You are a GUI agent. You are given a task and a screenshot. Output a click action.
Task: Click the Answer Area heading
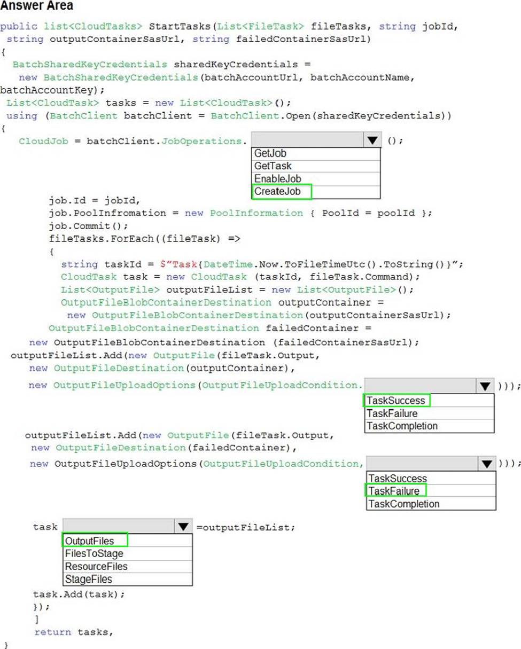point(37,6)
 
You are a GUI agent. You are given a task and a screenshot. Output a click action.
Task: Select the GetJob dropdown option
point(270,153)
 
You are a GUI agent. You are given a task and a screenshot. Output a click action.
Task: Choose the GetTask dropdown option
point(273,166)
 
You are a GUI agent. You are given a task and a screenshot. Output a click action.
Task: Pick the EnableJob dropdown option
point(277,179)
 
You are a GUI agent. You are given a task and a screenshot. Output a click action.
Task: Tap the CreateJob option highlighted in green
point(278,191)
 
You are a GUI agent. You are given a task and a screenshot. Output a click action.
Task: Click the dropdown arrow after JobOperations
point(372,140)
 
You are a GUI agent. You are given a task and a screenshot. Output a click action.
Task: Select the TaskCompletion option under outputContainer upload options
point(402,426)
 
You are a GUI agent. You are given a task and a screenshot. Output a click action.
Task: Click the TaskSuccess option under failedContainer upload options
point(398,479)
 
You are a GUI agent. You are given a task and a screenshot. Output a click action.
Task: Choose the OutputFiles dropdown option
point(89,541)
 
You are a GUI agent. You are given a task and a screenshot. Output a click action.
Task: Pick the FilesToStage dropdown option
point(94,554)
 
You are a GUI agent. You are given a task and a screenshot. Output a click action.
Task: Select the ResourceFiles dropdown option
point(96,566)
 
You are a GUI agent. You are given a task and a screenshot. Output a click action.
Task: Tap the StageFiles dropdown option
point(88,579)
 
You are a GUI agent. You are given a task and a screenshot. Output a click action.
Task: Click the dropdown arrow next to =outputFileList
point(183,527)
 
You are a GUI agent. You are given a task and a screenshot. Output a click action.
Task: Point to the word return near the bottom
point(52,632)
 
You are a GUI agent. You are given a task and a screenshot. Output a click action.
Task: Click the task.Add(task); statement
point(79,594)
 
